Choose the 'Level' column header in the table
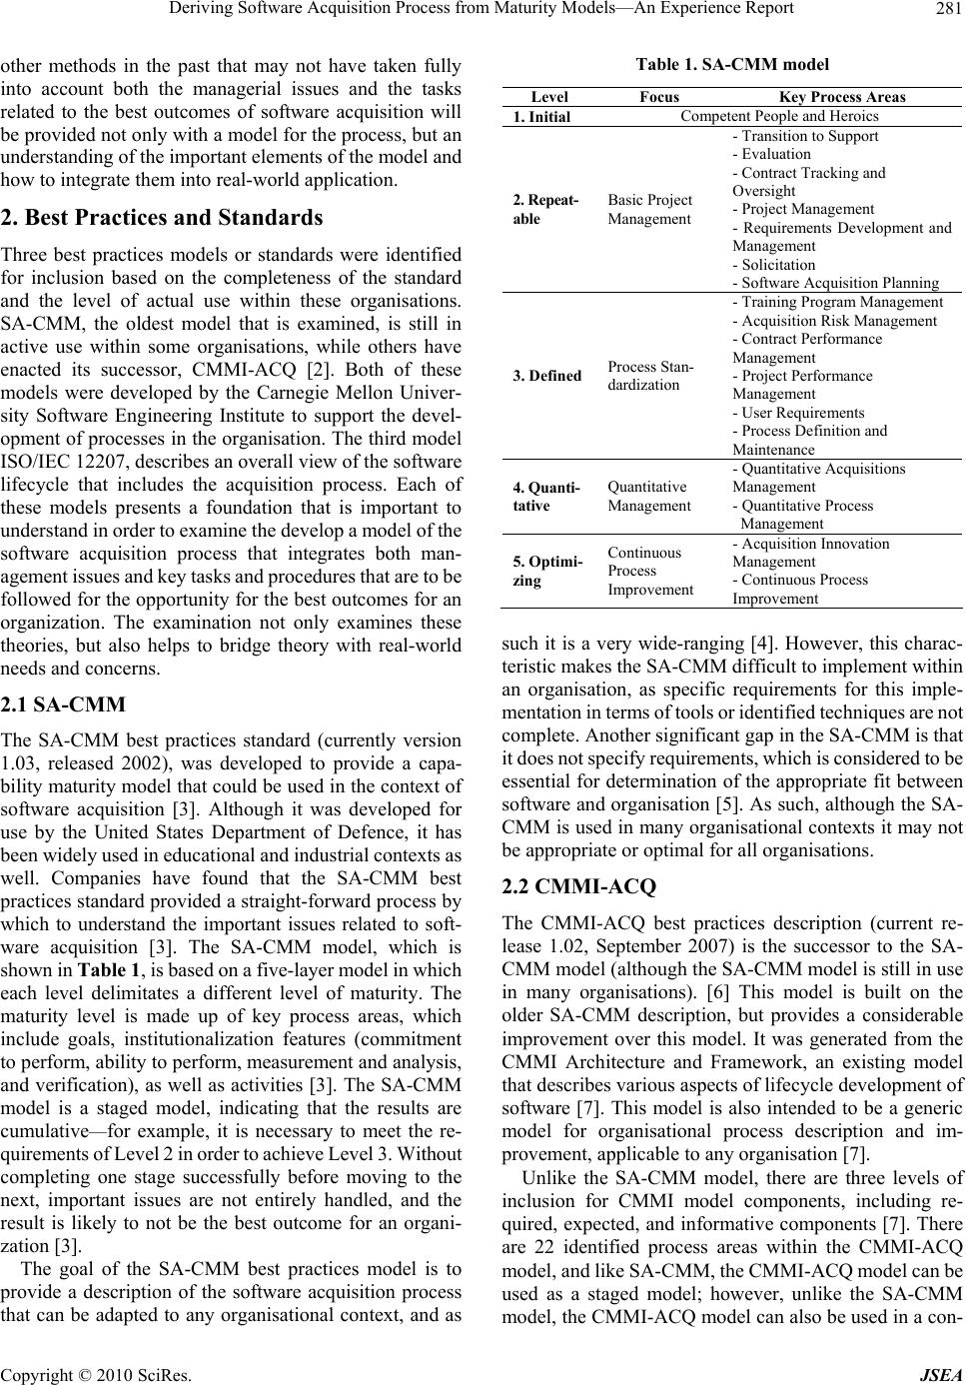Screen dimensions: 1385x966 pos(549,97)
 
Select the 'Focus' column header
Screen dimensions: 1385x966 pos(659,97)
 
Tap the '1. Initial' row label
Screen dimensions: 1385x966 pos(541,117)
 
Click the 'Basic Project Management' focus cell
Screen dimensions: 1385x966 pos(649,209)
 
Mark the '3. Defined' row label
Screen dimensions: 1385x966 pos(547,376)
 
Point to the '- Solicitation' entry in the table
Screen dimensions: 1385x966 pos(774,265)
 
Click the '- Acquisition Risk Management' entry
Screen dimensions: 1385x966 pos(834,321)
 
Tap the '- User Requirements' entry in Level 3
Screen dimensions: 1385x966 pos(798,412)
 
